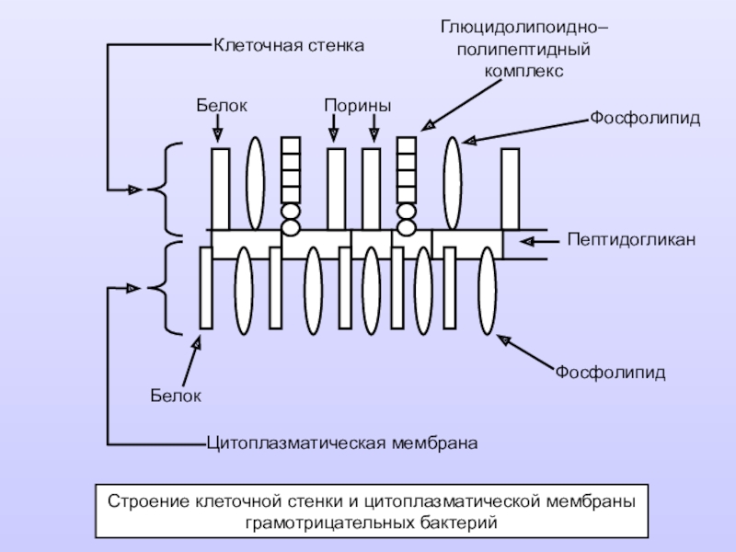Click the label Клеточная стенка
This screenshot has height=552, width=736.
coord(289,45)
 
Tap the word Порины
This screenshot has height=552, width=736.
coord(358,106)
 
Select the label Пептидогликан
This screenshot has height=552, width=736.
coord(631,240)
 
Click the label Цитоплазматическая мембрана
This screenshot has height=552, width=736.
coord(342,443)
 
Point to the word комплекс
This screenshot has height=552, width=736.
coord(523,71)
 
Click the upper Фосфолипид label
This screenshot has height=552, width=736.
coord(645,118)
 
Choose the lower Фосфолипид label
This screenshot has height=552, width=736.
coord(611,373)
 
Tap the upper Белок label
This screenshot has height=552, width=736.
coord(222,106)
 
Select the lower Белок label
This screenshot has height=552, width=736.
coord(176,396)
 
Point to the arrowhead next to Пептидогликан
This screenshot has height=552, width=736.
coord(527,241)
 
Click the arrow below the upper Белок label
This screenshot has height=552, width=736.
coord(217,128)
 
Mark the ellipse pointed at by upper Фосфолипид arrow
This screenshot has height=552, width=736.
coord(453,183)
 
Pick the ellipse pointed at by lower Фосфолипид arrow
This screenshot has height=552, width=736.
coord(488,291)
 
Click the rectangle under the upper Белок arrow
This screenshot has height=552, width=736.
coord(220,190)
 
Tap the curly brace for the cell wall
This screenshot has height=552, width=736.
coord(166,190)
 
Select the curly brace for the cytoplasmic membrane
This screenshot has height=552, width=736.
coord(166,288)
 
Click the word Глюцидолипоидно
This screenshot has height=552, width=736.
coord(524,28)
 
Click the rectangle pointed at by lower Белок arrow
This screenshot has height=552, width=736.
coord(206,288)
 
